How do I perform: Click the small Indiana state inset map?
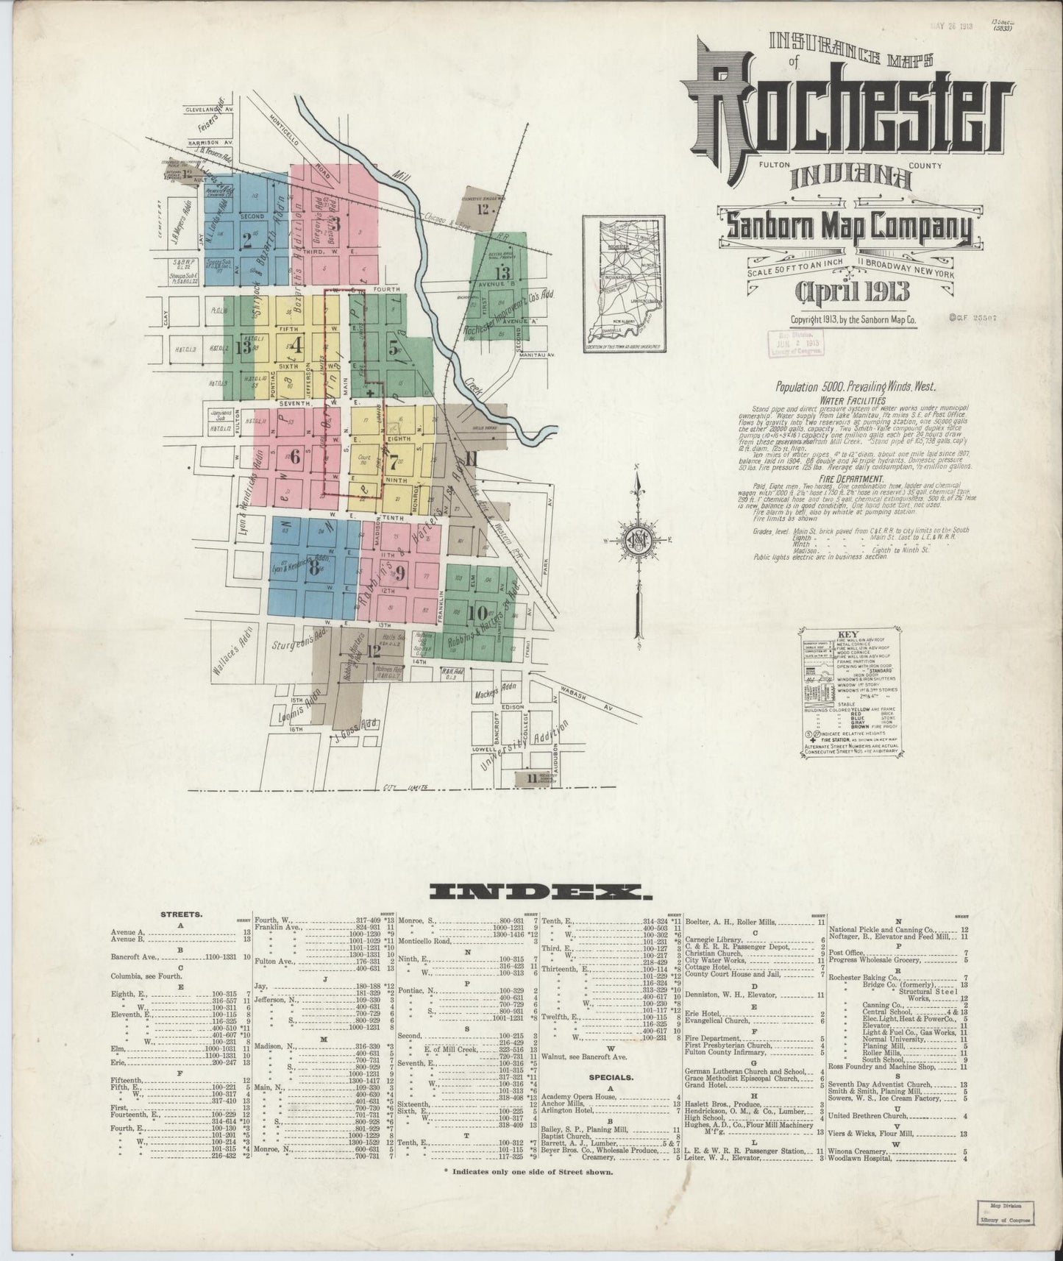[x=624, y=283]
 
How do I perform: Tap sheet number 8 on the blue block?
[x=314, y=568]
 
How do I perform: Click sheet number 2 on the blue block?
[x=248, y=241]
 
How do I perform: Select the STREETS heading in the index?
[x=181, y=914]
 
